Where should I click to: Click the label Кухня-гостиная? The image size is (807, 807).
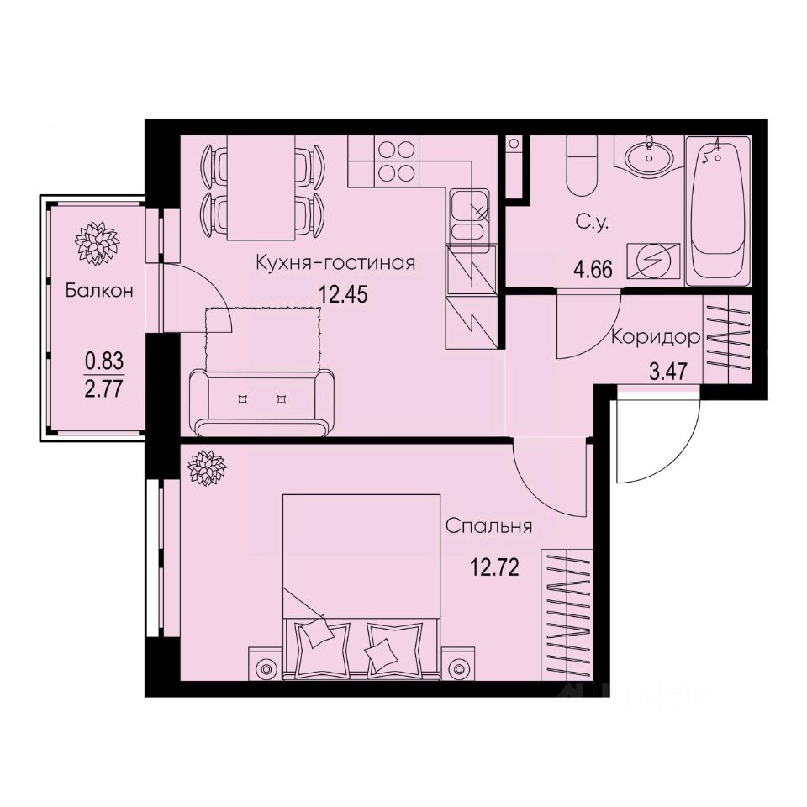coord(336,263)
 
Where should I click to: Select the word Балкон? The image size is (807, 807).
coord(100,292)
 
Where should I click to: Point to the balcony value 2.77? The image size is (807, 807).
coord(104,388)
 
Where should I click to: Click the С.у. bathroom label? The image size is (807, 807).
coord(592,224)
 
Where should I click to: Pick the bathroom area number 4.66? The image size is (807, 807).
coord(593,271)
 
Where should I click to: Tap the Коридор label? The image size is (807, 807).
coord(656,338)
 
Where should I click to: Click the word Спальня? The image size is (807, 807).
coord(489,527)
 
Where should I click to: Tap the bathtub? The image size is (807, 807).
coord(716,210)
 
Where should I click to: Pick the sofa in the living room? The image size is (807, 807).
coord(258,401)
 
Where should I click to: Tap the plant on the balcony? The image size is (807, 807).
coord(96,241)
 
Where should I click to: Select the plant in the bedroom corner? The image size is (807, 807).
coord(206,467)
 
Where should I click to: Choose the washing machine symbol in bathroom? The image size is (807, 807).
coord(657,261)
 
